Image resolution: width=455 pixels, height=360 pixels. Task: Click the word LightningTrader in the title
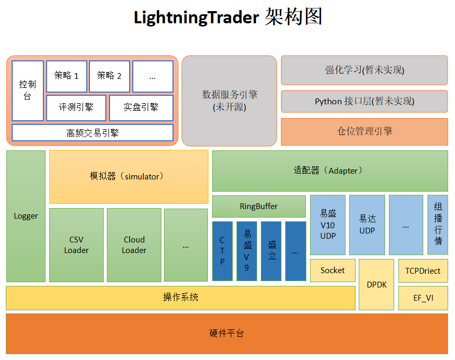coord(196,17)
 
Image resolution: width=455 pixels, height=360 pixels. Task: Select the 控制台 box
coord(28,91)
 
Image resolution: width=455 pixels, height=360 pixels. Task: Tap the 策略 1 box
coord(66,76)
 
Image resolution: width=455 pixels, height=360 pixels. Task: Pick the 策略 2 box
coord(109,76)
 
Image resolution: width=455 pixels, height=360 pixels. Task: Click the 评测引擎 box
coord(76,107)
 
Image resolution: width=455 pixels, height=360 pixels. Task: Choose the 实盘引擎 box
coord(141,107)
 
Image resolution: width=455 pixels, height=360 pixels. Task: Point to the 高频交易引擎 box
coord(92,133)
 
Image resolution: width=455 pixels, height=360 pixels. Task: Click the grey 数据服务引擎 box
coord(230,101)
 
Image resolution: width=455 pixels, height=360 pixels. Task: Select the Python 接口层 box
coord(365,101)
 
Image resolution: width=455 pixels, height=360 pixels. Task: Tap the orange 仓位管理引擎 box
coord(365,131)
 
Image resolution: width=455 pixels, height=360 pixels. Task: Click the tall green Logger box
coord(26,216)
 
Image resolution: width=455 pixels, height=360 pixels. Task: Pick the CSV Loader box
coord(76,245)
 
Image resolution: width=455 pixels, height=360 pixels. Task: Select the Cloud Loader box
coord(134,245)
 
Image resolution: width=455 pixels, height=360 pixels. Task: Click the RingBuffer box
coord(259,206)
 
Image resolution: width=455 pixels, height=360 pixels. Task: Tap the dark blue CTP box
coord(222,251)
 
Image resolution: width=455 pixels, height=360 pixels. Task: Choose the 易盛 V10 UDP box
coord(327,224)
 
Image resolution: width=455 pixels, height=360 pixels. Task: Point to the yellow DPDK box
coord(377,284)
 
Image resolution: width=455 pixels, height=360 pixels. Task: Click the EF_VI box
coord(423,298)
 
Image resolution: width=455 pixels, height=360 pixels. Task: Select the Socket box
coord(332,270)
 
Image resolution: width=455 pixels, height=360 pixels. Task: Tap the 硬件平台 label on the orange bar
coord(227,334)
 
